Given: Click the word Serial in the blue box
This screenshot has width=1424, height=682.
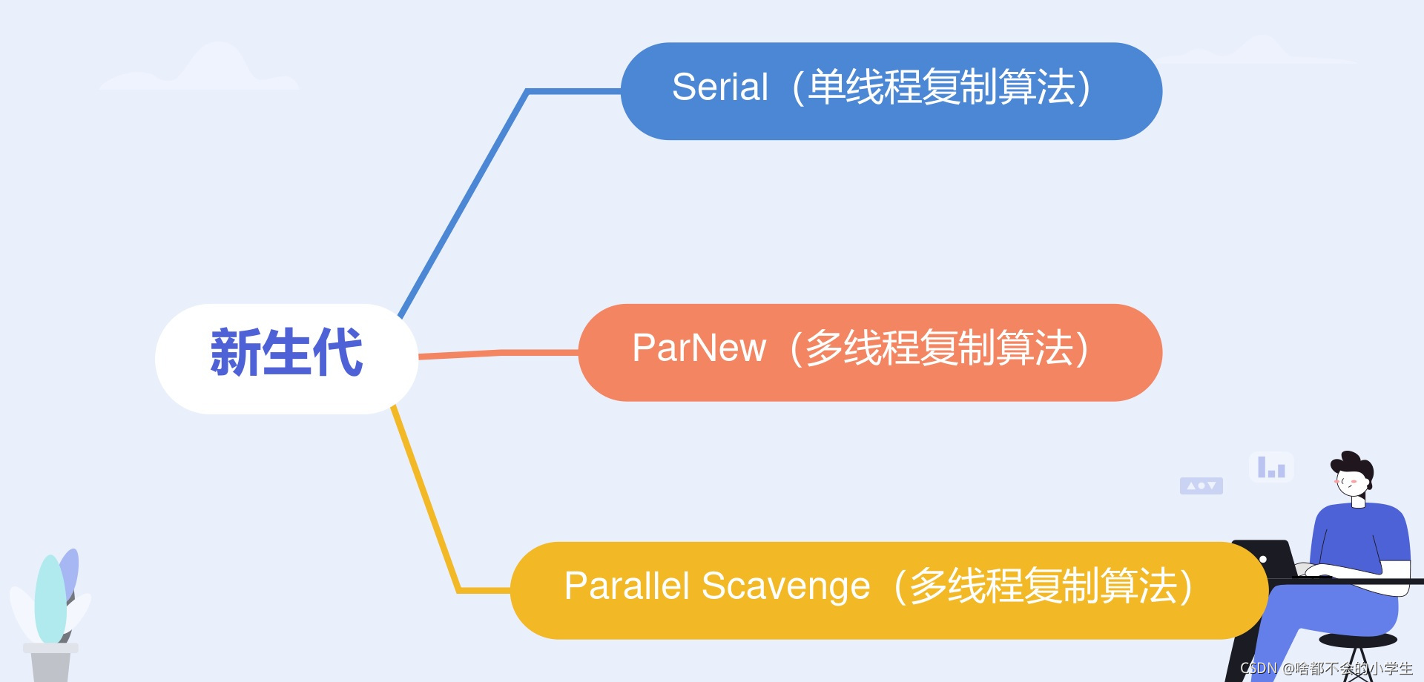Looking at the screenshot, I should click(x=719, y=87).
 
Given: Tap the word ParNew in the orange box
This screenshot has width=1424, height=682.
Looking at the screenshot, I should click(x=699, y=348).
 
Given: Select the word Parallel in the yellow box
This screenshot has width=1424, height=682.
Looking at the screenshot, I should click(x=627, y=586).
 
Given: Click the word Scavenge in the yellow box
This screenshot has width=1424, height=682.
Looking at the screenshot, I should click(x=785, y=586).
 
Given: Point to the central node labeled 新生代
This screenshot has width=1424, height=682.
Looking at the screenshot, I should click(x=286, y=354).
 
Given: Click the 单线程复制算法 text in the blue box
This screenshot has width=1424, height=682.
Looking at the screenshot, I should click(x=942, y=87).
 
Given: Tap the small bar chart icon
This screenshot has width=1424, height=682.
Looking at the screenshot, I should click(x=1271, y=467).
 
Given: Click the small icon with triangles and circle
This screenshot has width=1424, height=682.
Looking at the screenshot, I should click(x=1201, y=486).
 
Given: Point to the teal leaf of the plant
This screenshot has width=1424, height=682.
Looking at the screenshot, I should click(x=50, y=600).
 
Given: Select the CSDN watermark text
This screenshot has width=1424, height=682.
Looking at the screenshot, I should click(x=1326, y=669).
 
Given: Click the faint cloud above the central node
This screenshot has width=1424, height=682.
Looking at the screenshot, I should click(x=200, y=70).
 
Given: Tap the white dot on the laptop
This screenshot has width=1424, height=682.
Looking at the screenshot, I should click(x=1263, y=559).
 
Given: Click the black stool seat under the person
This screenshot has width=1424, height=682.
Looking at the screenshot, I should click(x=1358, y=640).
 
